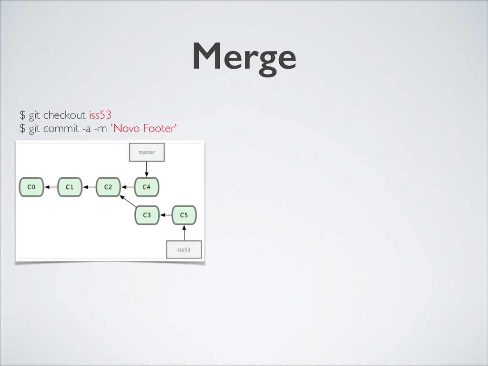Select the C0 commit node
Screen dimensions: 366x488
click(31, 187)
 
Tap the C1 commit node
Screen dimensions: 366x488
click(70, 187)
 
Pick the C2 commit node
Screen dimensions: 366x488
click(108, 187)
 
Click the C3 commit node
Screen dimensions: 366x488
click(147, 215)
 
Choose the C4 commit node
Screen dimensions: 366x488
click(147, 187)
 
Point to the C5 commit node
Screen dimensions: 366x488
click(184, 215)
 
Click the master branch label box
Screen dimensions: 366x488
click(147, 152)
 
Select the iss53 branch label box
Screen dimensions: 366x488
click(184, 249)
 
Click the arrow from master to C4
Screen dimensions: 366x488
click(147, 169)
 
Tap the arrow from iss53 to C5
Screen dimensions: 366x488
click(184, 233)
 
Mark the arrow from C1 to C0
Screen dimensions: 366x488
click(51, 187)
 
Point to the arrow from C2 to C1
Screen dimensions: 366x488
click(89, 187)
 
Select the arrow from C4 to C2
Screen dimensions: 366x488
click(128, 187)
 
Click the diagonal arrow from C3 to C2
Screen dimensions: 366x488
click(128, 201)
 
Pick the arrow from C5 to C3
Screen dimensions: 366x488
click(165, 215)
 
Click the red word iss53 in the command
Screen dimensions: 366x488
click(100, 115)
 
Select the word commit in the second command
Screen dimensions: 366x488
click(64, 129)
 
